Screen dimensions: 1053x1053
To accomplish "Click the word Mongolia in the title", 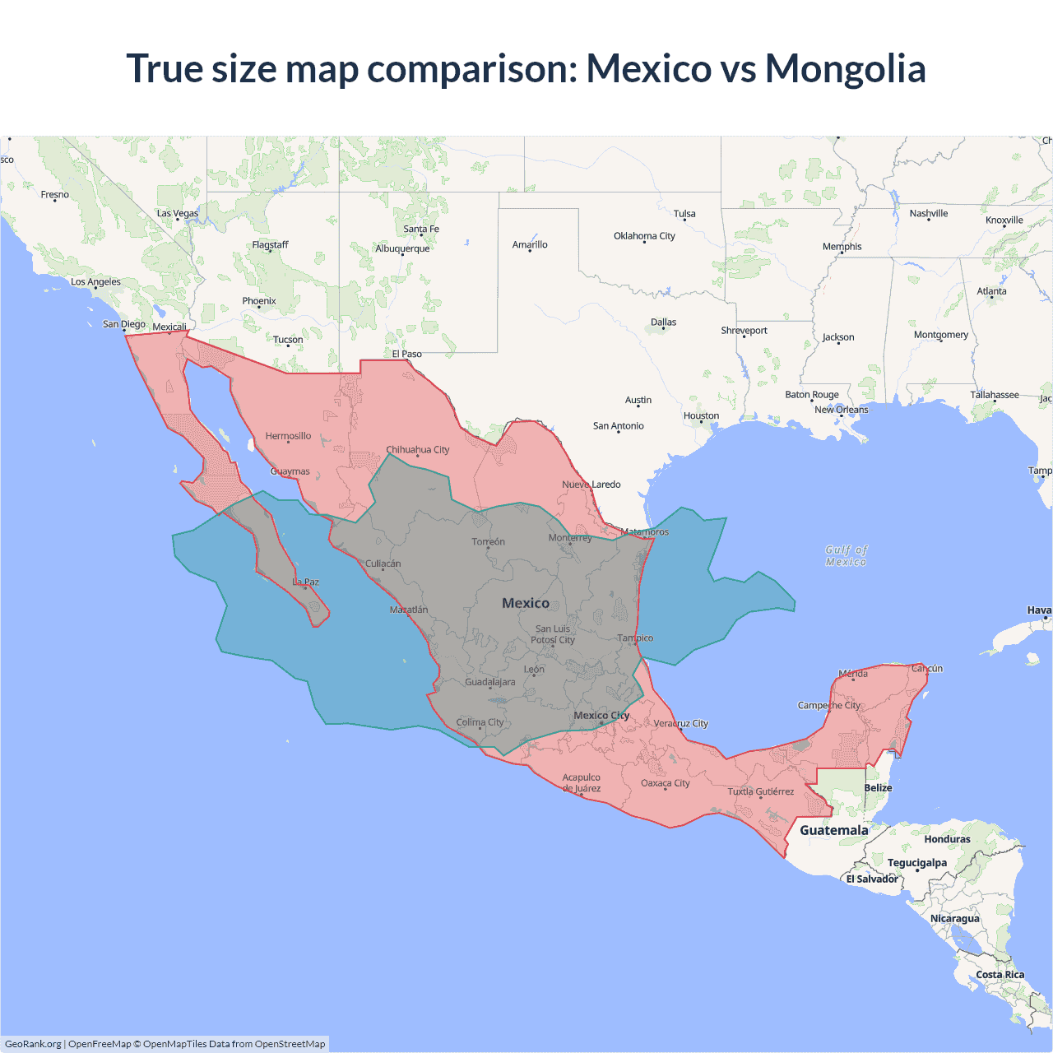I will click(845, 68).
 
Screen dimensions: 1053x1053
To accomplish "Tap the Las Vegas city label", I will click(178, 214).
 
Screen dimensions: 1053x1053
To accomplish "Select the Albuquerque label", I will click(402, 248).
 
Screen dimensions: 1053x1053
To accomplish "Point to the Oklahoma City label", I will click(644, 236).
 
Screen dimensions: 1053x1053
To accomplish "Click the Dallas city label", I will click(663, 322).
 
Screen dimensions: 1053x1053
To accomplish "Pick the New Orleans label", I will click(841, 410).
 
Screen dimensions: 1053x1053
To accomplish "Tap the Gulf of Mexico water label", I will click(846, 556).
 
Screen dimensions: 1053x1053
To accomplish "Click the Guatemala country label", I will click(833, 830).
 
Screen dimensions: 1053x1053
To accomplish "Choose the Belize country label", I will click(878, 788).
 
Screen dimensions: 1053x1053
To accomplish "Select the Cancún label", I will click(926, 669).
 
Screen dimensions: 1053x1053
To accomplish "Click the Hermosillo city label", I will click(288, 436).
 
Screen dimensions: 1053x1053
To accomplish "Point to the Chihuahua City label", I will click(418, 450).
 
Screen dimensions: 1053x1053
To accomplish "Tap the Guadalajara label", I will click(490, 682).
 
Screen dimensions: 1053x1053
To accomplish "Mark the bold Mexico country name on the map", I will click(526, 603).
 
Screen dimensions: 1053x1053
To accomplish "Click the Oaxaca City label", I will click(665, 783).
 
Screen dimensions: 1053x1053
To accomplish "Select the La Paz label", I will click(305, 582).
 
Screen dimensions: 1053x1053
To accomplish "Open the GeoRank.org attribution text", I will click(33, 1044).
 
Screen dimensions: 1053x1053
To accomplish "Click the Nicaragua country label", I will click(954, 919).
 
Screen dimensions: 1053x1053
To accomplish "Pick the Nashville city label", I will click(928, 214).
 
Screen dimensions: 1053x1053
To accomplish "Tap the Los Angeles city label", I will click(95, 282).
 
